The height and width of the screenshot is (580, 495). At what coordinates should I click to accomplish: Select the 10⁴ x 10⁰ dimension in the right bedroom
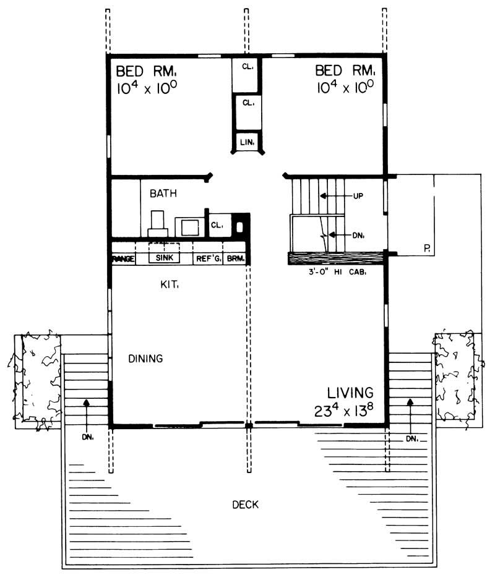click(x=344, y=87)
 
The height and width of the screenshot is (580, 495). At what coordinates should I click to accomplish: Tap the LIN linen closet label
click(x=246, y=143)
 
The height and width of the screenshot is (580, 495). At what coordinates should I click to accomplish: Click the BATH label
click(x=163, y=194)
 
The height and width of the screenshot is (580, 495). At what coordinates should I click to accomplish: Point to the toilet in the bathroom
click(x=157, y=223)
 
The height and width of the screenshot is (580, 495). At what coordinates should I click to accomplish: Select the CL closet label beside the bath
click(x=217, y=226)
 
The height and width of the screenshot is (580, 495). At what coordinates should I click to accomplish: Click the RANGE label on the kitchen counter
click(x=123, y=259)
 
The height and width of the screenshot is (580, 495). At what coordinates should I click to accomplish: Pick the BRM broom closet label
click(x=235, y=259)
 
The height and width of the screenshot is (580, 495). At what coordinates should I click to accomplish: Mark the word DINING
click(x=145, y=358)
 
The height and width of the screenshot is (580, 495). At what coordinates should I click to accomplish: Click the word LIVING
click(x=350, y=392)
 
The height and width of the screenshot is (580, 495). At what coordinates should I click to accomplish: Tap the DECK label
click(x=245, y=505)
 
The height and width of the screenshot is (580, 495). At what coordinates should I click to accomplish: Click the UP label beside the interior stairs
click(x=357, y=196)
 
